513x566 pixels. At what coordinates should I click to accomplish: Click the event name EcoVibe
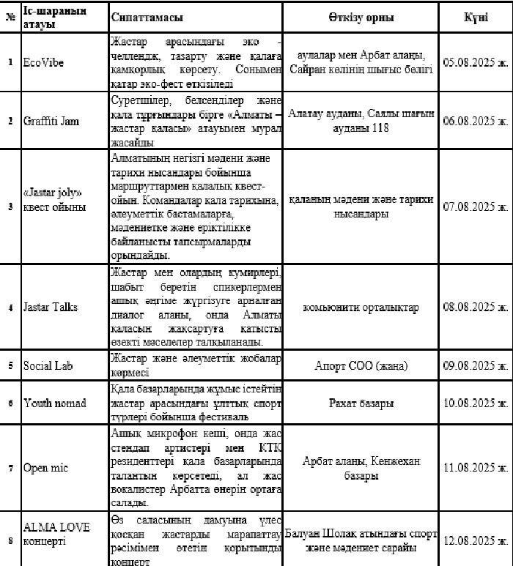tap(43, 62)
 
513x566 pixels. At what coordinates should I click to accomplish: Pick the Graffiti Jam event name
tap(51, 121)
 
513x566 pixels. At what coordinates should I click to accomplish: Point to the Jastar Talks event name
tap(51, 308)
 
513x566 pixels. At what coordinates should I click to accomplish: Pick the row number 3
tap(10, 207)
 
